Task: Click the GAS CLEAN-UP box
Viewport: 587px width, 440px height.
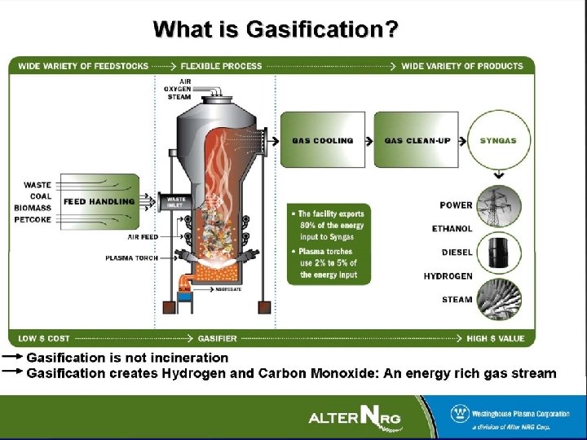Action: [x=417, y=140]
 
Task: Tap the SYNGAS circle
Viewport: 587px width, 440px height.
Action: [x=497, y=140]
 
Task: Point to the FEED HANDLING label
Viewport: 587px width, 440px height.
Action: [x=99, y=201]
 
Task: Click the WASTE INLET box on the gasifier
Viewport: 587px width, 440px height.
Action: [x=175, y=201]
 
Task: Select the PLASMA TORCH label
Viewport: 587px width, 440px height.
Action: [x=131, y=258]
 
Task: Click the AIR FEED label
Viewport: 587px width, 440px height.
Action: [x=143, y=237]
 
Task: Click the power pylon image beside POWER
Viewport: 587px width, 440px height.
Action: [x=499, y=207]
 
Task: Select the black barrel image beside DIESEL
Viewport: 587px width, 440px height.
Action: [x=499, y=253]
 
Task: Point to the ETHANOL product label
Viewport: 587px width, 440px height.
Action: [x=452, y=229]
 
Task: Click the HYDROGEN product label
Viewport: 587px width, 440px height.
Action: [x=448, y=276]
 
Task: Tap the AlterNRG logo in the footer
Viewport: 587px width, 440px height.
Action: [x=355, y=417]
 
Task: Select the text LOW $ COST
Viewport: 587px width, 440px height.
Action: [x=43, y=338]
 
